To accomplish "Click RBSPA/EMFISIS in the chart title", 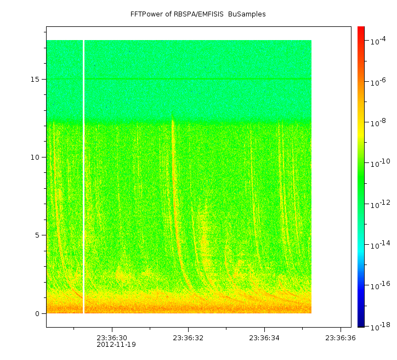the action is [x=198, y=14].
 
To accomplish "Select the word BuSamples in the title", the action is [x=247, y=14].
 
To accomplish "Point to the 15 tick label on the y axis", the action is [x=35, y=79].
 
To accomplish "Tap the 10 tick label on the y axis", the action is [x=35, y=157].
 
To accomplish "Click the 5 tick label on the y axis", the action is [x=37, y=235].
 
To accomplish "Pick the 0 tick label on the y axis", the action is [x=37, y=314].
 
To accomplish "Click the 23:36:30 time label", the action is [x=112, y=338].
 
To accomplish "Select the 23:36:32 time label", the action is [x=188, y=338].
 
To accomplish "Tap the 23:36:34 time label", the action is [x=264, y=338].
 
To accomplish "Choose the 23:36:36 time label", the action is [x=341, y=338].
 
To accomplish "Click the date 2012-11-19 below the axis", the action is [x=116, y=345].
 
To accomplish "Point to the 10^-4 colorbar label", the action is [x=378, y=41].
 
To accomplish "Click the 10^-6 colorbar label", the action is [x=378, y=82].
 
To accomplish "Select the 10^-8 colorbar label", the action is [x=378, y=122].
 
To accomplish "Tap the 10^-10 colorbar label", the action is [x=381, y=163].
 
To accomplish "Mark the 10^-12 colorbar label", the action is [x=381, y=204].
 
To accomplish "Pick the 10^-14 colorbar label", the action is [x=381, y=244].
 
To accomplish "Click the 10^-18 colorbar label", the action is [x=381, y=327].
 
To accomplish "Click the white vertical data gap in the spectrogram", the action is [x=83, y=177].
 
